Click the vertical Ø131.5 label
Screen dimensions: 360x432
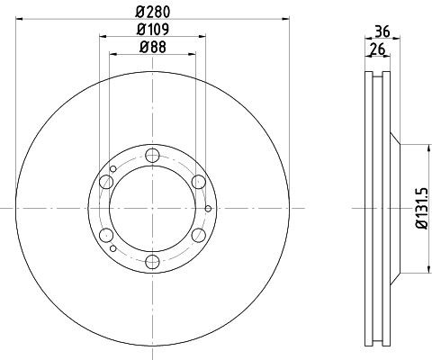click(x=419, y=209)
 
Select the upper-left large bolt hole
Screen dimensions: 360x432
click(x=107, y=183)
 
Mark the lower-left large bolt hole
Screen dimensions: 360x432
click(x=107, y=236)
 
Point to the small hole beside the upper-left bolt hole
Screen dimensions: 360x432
click(x=112, y=168)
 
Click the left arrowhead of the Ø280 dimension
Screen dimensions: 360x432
click(x=19, y=17)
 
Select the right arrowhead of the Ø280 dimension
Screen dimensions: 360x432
click(x=287, y=17)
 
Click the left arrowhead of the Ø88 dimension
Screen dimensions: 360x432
click(x=112, y=53)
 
